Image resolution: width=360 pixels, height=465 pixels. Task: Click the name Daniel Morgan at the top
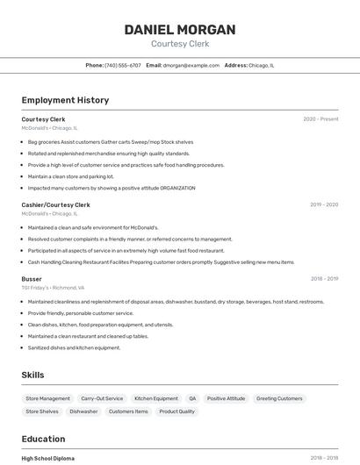179,29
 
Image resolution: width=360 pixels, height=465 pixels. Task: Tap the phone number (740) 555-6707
122,65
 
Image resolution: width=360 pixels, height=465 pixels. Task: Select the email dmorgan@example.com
191,65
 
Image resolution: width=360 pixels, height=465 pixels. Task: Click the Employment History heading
65,100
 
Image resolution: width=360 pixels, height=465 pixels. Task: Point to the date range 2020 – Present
320,118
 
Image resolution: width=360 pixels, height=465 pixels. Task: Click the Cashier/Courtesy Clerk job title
55,204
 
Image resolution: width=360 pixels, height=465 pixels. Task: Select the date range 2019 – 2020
323,204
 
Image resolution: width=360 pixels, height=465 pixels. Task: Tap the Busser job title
32,278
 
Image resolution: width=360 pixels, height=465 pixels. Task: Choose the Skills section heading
32,375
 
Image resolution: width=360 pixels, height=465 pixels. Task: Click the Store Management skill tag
48,398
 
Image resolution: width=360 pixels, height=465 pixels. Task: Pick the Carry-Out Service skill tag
102,398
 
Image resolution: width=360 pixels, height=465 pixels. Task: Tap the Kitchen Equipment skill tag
156,398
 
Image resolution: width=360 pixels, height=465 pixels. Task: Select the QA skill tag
192,398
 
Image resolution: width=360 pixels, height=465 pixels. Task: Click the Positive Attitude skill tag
226,398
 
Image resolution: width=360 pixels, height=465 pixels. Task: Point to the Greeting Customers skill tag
279,398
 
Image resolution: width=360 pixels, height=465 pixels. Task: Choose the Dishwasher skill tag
83,411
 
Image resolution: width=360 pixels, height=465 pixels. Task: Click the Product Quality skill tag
177,411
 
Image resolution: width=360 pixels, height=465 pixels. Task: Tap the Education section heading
43,439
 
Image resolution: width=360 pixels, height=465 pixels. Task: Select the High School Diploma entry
47,458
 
